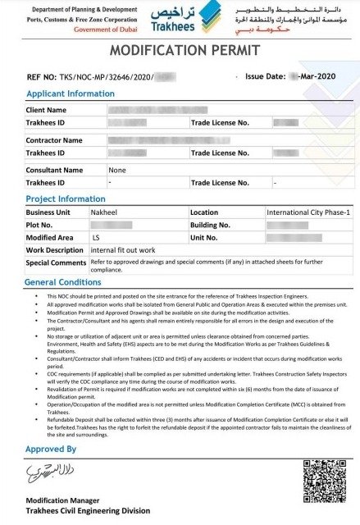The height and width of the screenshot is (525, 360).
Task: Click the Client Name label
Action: (46, 109)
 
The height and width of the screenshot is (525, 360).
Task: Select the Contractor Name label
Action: (54, 140)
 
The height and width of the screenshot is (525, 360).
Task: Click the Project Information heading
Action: (65, 199)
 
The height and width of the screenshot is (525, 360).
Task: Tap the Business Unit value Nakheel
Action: (107, 212)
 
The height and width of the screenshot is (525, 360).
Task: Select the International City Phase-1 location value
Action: (308, 212)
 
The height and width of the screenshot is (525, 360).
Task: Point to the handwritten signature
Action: (48, 472)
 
